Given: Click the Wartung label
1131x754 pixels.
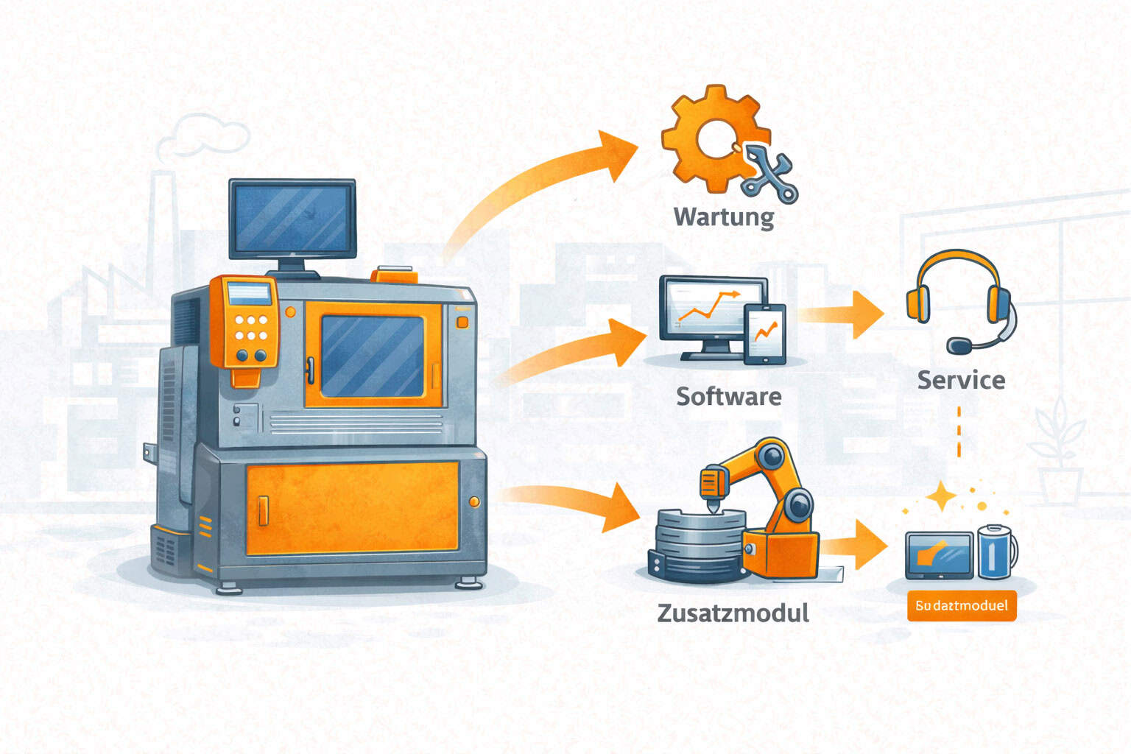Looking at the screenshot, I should [724, 217].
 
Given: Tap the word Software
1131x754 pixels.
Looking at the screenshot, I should [728, 396].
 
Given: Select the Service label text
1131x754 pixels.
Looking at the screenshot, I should [961, 380].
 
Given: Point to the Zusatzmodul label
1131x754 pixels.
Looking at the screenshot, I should [733, 613].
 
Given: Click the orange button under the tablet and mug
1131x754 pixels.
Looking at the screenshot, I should [961, 606].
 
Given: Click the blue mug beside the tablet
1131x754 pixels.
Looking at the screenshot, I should [996, 552].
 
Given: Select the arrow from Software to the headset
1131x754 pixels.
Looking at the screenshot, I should [843, 314].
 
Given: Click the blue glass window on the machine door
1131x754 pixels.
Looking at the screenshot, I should [372, 356].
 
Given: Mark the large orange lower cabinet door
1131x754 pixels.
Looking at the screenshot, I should [352, 508].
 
